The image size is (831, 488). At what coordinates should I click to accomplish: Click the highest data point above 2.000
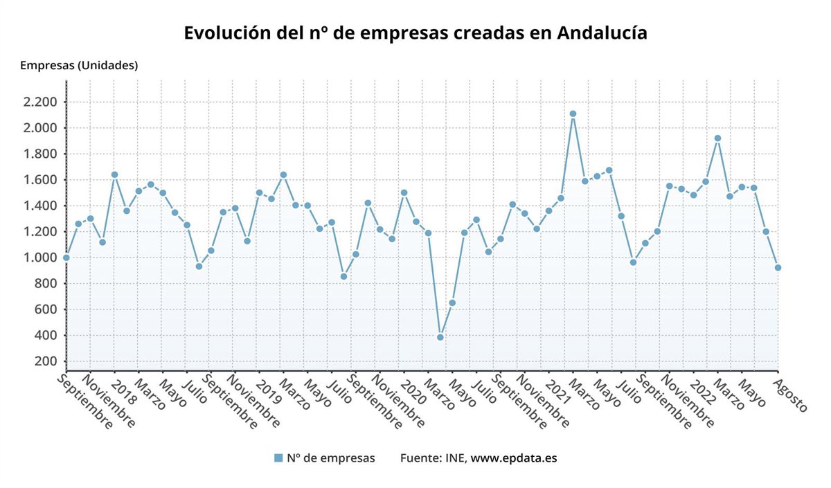point(573,114)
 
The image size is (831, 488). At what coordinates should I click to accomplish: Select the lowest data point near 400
point(440,337)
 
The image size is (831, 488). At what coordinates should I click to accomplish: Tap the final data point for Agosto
point(778,267)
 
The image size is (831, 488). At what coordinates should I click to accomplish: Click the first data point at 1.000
point(66,257)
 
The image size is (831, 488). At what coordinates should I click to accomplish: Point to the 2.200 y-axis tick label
point(39,102)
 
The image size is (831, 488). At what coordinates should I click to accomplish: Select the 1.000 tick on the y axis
point(39,257)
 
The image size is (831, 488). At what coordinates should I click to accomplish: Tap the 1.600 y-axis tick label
point(39,180)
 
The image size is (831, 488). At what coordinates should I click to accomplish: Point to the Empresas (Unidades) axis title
point(79,66)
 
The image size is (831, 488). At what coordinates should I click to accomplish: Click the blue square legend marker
point(278,458)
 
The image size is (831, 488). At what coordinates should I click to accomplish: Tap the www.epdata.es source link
point(514,458)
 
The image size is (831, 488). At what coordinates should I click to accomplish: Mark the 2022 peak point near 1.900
point(717,138)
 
